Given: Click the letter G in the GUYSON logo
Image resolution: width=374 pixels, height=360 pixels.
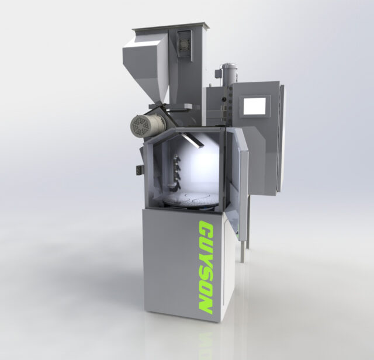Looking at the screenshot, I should point(206,230).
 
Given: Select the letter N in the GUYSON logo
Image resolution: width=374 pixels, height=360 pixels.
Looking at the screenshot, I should point(205,304).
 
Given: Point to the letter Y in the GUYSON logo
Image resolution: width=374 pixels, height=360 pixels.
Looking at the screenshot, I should point(206,260).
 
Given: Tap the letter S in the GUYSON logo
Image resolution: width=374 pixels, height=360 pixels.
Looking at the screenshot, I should point(206,275).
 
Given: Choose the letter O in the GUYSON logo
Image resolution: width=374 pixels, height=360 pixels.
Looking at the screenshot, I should point(206,289).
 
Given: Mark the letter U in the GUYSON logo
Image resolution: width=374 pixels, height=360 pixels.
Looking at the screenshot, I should point(206,245).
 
